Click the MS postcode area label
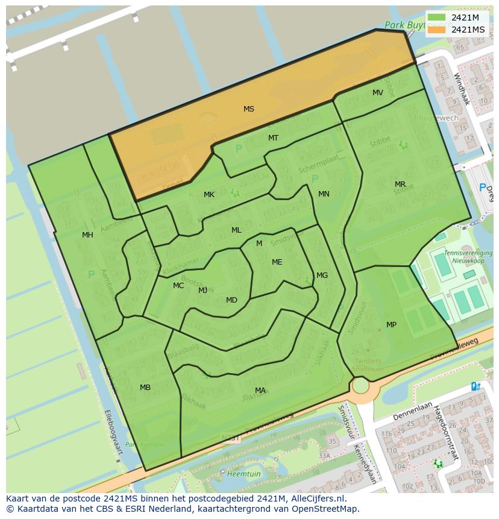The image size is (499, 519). (248, 109)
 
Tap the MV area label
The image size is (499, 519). (377, 93)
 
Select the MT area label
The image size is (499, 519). (273, 138)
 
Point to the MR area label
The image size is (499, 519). (400, 184)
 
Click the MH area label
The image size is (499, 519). (87, 235)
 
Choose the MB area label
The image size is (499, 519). (145, 388)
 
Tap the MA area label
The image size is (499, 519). (260, 391)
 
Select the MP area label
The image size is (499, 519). (391, 325)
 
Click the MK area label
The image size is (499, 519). (209, 195)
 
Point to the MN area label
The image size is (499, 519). (324, 194)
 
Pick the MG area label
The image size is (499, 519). (322, 275)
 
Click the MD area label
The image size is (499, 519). (231, 300)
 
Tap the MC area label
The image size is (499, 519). (178, 286)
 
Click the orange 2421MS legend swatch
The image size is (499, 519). (437, 30)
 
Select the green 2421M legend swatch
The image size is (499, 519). (437, 17)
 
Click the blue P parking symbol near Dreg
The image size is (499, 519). (482, 188)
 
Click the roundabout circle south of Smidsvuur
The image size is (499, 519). (360, 385)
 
